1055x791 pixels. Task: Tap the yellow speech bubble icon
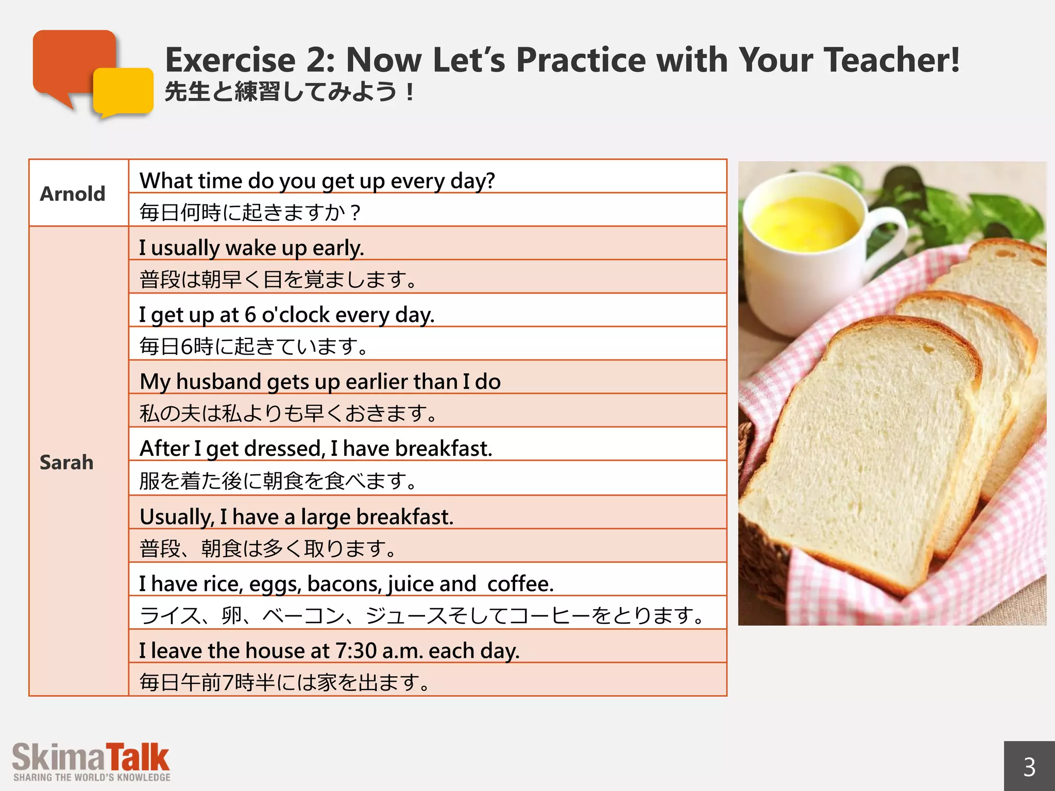(x=124, y=92)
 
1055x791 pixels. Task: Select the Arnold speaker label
(x=73, y=194)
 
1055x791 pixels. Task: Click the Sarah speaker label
(x=66, y=462)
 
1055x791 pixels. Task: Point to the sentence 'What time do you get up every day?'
(x=317, y=181)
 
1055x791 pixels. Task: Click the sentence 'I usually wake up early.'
(x=251, y=248)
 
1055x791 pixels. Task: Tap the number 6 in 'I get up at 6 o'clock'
(x=250, y=315)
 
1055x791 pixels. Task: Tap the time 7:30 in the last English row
(x=356, y=651)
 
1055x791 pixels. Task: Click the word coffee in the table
(x=520, y=584)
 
